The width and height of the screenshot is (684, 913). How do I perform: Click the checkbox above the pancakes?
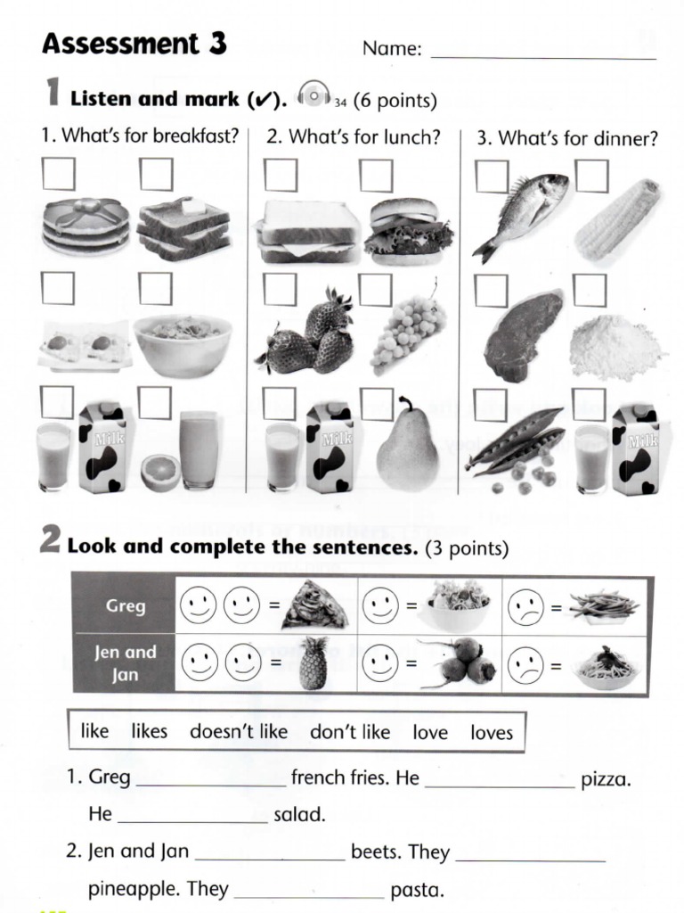[x=59, y=174]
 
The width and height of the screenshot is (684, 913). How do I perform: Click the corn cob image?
[x=617, y=219]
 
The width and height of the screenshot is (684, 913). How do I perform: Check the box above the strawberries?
[x=280, y=289]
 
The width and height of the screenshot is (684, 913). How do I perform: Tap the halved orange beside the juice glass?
[x=159, y=473]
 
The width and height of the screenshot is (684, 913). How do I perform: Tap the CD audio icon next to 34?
[x=313, y=95]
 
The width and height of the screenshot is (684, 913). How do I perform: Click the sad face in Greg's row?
[x=525, y=609]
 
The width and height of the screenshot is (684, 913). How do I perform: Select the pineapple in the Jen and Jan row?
[x=313, y=663]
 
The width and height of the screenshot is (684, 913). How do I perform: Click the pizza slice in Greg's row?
[x=314, y=606]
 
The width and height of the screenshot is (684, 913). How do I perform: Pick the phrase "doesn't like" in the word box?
[x=238, y=732]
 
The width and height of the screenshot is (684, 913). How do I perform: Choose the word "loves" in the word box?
[x=492, y=732]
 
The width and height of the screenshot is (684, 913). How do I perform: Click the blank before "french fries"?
[x=211, y=778]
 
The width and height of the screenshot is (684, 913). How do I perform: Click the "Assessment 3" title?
[x=134, y=43]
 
